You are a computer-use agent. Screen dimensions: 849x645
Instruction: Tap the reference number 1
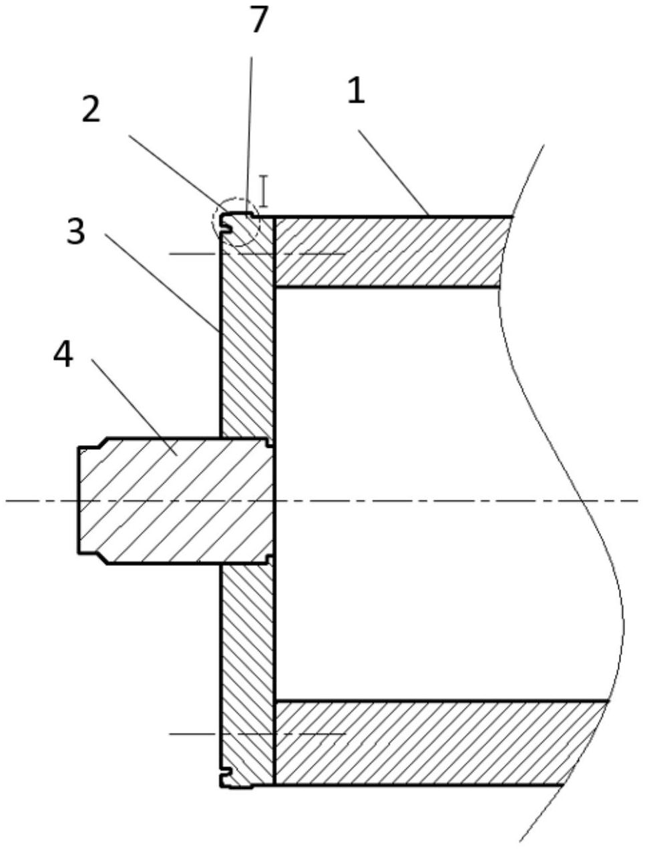[356, 90]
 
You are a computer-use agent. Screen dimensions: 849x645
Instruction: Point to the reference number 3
[75, 232]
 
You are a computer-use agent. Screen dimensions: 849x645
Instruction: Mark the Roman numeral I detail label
[264, 191]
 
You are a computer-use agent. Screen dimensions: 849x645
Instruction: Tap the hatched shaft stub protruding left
[167, 501]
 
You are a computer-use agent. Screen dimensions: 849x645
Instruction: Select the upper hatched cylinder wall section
[387, 252]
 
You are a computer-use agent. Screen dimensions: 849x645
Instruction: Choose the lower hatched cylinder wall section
[427, 742]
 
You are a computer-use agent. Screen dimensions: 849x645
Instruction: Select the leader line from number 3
[160, 283]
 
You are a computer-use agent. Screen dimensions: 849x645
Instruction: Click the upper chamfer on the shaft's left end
[100, 443]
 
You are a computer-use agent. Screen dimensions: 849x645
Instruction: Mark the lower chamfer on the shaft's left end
[100, 558]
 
